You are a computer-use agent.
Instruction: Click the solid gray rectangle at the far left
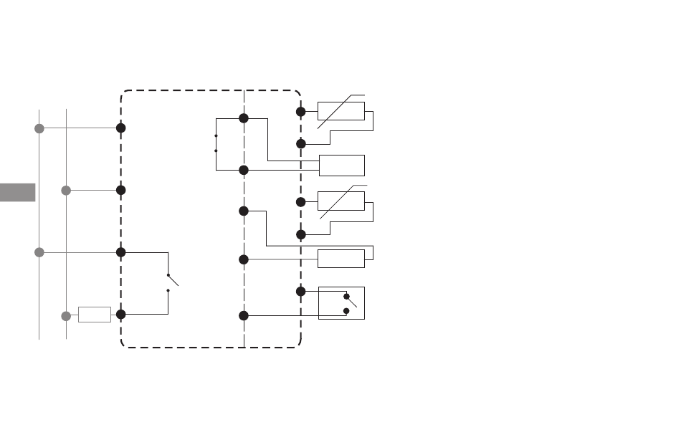pyautogui.click(x=17, y=192)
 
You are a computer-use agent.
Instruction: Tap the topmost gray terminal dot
pyautogui.click(x=39, y=128)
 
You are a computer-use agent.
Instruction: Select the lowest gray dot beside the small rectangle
pyautogui.click(x=66, y=315)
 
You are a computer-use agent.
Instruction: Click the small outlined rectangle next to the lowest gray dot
pyautogui.click(x=95, y=315)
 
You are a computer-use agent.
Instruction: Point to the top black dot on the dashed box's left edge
pyautogui.click(x=121, y=128)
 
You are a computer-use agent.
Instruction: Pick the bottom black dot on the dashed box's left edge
pyautogui.click(x=121, y=314)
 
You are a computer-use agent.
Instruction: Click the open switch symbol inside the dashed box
pyautogui.click(x=170, y=282)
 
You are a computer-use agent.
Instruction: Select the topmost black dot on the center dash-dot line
pyautogui.click(x=244, y=118)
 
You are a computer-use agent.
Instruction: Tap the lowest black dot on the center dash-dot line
pyautogui.click(x=244, y=315)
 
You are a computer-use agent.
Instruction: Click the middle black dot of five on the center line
pyautogui.click(x=244, y=211)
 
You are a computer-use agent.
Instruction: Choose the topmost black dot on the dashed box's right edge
pyautogui.click(x=301, y=112)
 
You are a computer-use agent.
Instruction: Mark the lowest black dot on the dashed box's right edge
pyautogui.click(x=301, y=292)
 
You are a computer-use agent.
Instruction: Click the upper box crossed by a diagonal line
pyautogui.click(x=341, y=112)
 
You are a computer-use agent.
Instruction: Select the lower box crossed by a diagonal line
pyautogui.click(x=341, y=201)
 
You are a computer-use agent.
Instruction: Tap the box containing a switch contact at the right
pyautogui.click(x=341, y=302)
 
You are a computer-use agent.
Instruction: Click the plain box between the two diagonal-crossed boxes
pyautogui.click(x=341, y=166)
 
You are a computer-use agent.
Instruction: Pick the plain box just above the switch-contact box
pyautogui.click(x=341, y=259)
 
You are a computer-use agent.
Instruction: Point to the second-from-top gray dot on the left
pyautogui.click(x=66, y=190)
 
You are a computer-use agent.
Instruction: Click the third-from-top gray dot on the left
pyautogui.click(x=39, y=252)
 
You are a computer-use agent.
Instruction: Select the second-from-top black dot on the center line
pyautogui.click(x=244, y=170)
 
